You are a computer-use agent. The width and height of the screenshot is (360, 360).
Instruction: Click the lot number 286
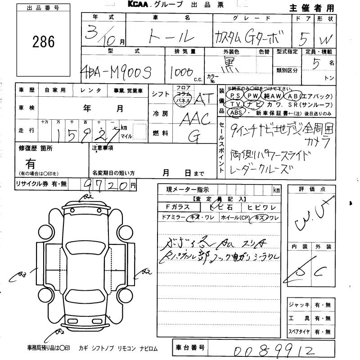click(x=44, y=42)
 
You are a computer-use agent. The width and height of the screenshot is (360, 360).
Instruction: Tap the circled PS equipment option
click(x=234, y=96)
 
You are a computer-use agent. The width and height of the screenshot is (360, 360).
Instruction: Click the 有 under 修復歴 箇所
click(x=31, y=163)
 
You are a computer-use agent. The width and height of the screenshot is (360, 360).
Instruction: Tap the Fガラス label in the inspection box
click(x=174, y=207)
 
